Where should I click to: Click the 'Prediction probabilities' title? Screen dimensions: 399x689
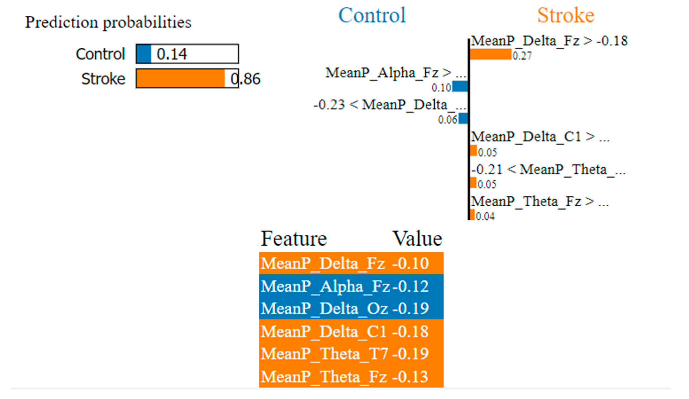point(108,22)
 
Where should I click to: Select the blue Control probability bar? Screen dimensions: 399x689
point(144,54)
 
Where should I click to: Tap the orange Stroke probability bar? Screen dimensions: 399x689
point(180,78)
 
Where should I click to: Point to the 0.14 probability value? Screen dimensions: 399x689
point(172,54)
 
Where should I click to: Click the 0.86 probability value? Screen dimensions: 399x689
point(246,79)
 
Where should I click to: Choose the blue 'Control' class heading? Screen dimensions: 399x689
point(372,15)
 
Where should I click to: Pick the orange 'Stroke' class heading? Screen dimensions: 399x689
point(566,15)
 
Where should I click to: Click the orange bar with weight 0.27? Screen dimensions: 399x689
point(491,54)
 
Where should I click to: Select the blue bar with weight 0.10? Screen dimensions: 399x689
point(460,86)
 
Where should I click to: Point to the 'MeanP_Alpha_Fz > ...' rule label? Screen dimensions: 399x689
point(395,73)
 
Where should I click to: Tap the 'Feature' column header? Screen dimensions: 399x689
point(294,239)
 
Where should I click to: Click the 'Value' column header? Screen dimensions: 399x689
point(417,239)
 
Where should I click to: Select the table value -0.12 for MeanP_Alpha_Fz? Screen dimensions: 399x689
point(411,286)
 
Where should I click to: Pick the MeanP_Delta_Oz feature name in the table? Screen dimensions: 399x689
point(324,309)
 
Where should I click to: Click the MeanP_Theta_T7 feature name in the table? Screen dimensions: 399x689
point(324,354)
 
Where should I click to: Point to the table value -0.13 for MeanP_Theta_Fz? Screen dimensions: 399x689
point(410,377)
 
